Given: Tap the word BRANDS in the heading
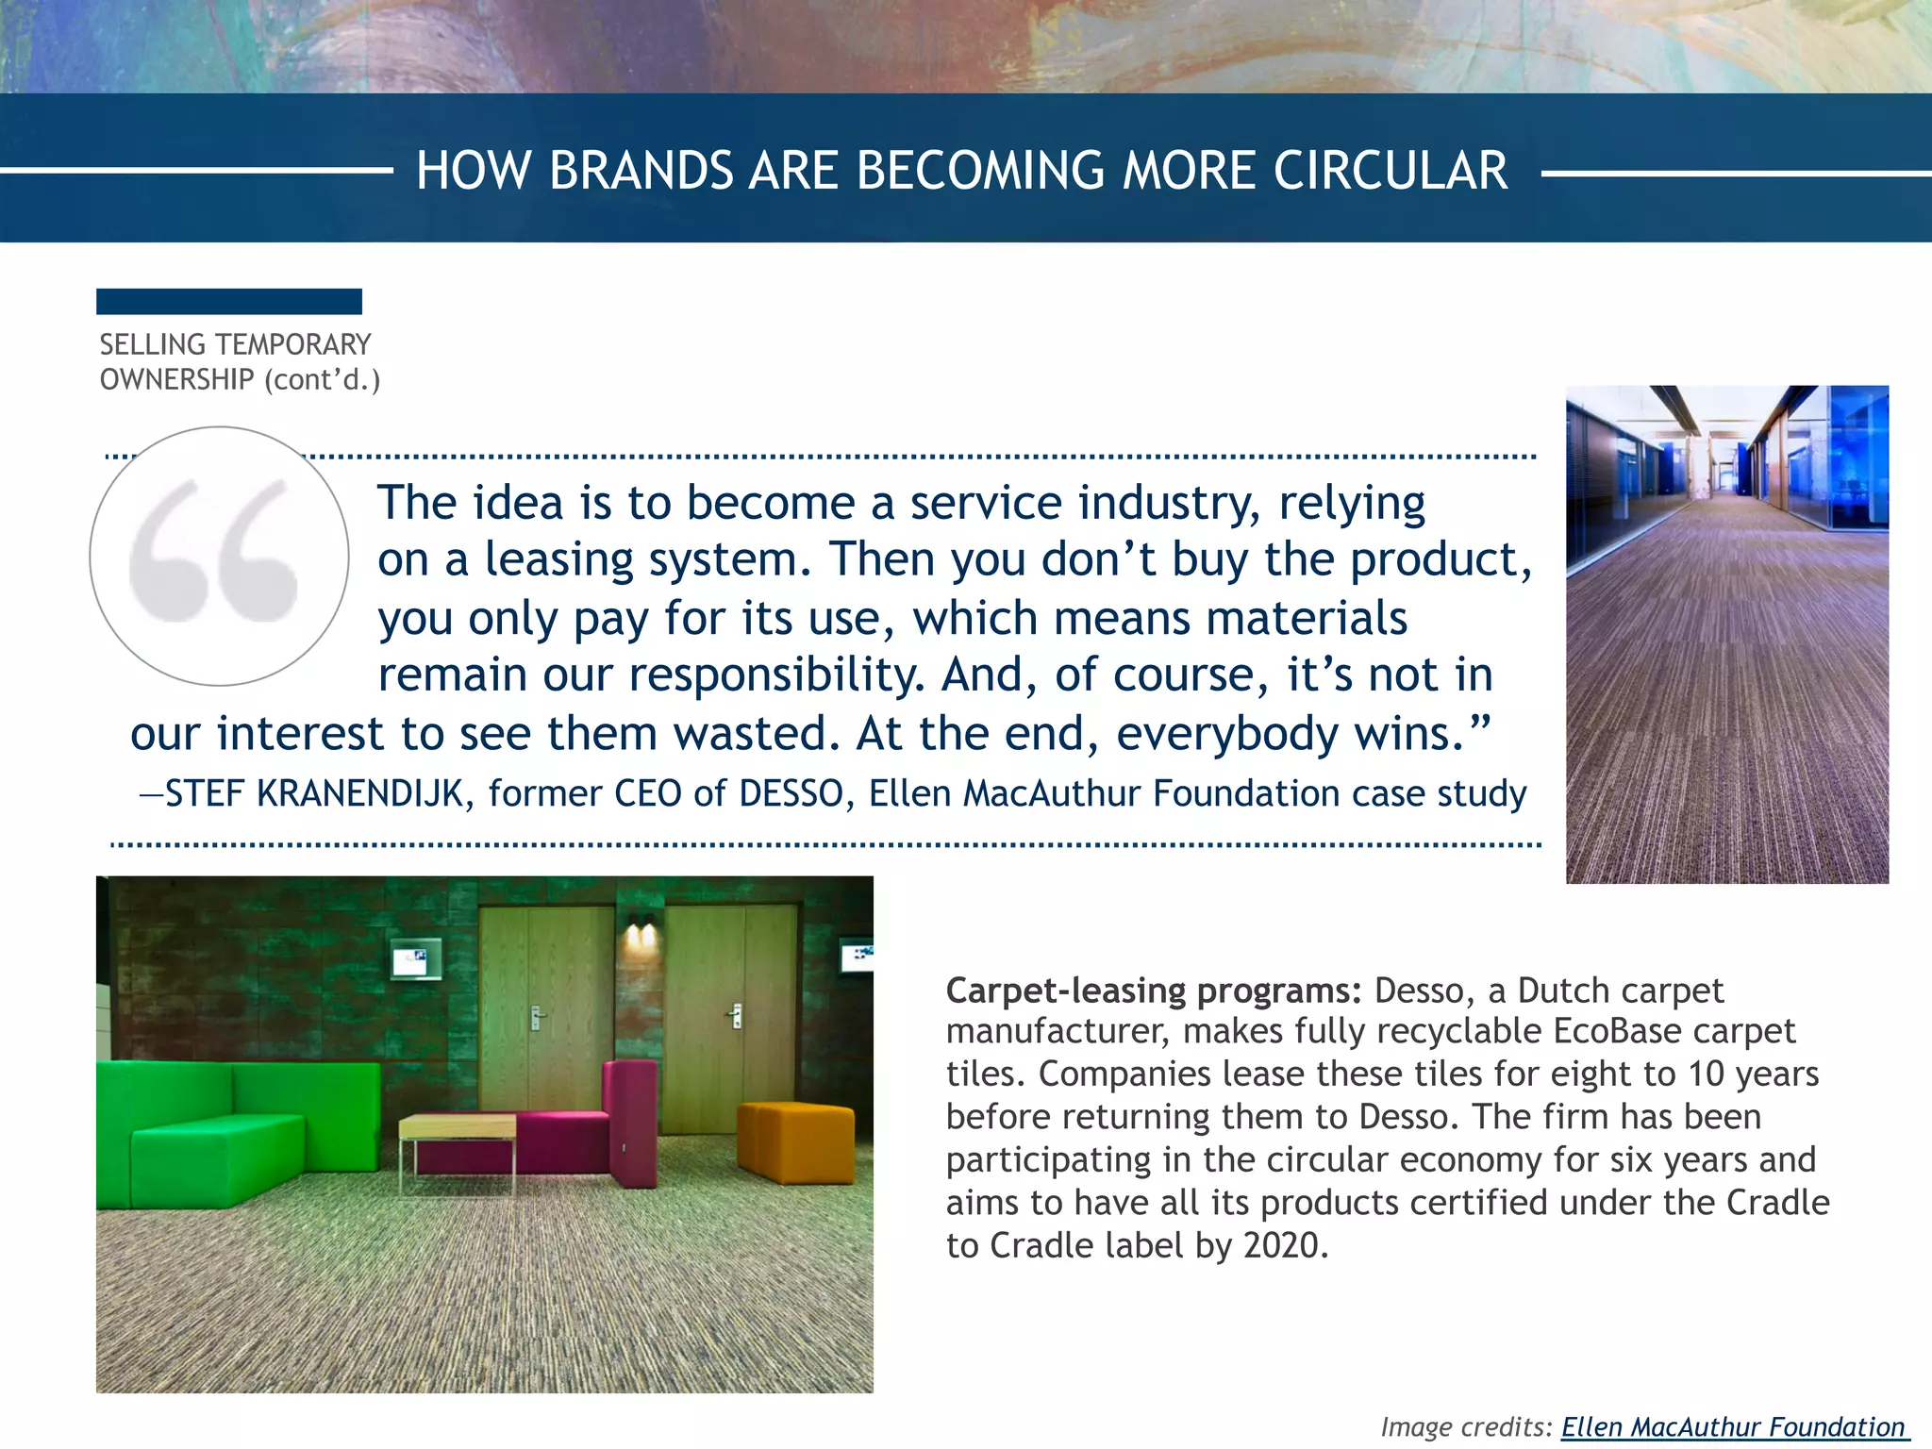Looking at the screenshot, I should pos(641,172).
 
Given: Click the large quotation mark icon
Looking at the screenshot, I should pos(218,555).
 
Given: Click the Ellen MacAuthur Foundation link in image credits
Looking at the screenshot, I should pos(1733,1427).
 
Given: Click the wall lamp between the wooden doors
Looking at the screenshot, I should pos(641,933).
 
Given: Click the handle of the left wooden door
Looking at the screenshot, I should pos(536,1018).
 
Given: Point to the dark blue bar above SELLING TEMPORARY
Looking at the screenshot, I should pos(229,302).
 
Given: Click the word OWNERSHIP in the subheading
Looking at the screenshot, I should pos(177,380).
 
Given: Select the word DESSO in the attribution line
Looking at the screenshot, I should pos(791,794).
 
